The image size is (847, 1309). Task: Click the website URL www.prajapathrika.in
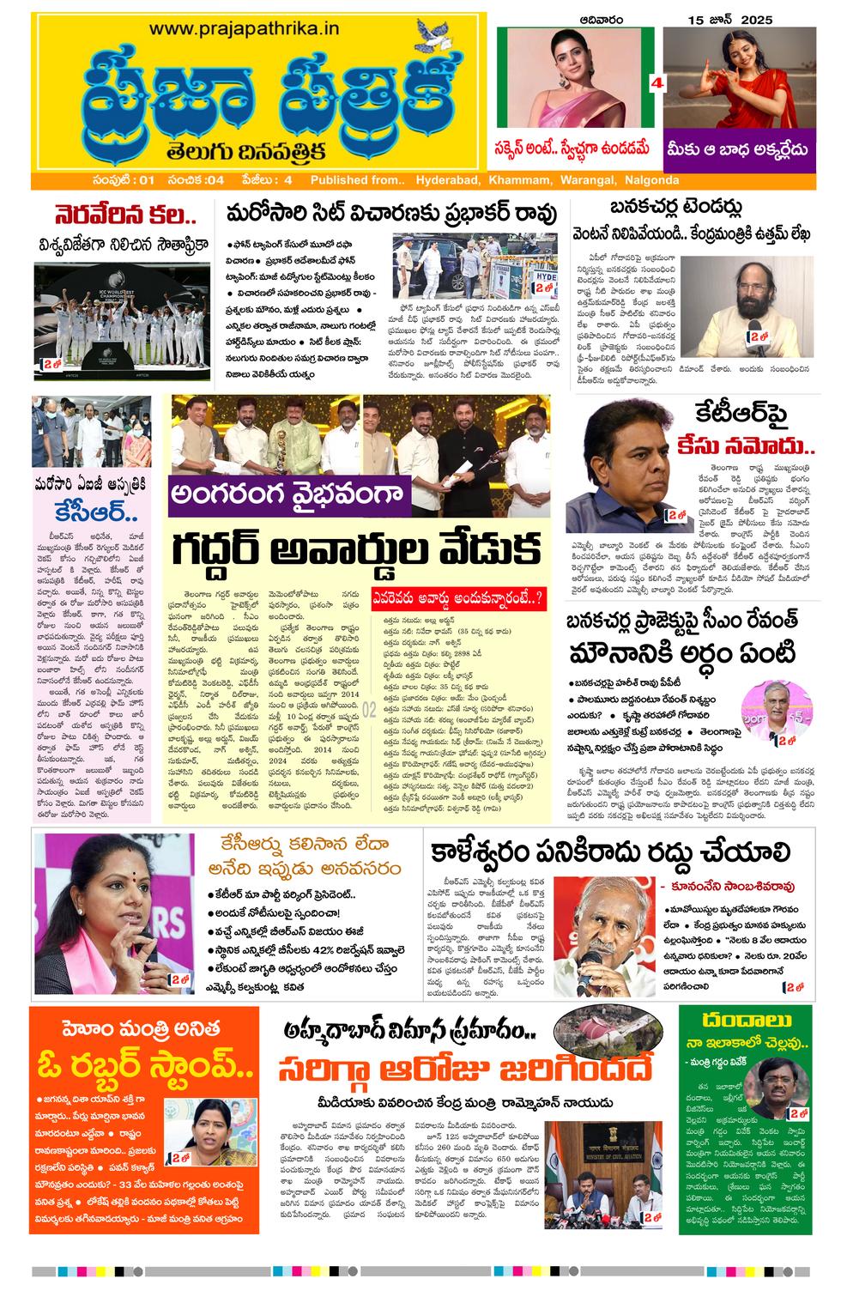244,28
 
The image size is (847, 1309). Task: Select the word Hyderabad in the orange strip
448,180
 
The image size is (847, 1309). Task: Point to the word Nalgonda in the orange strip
648,180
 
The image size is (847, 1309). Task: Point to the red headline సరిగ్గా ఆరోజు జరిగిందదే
464,1070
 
